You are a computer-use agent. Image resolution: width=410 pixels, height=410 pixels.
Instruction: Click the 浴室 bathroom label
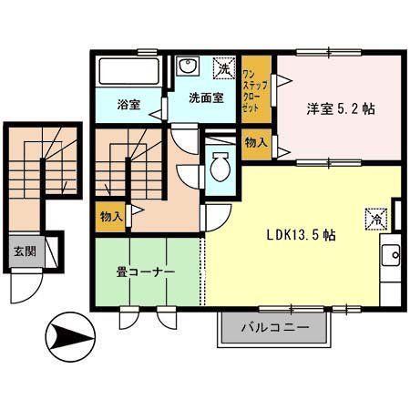click(x=128, y=104)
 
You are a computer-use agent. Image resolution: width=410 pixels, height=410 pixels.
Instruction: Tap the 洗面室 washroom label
click(x=206, y=98)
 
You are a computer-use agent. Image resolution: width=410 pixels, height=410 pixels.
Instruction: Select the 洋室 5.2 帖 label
click(x=341, y=108)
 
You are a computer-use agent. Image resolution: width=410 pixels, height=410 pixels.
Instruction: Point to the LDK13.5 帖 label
click(x=302, y=234)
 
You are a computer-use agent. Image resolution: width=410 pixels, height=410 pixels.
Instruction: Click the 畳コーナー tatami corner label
click(x=143, y=272)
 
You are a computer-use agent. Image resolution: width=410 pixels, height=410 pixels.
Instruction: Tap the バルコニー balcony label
click(x=274, y=327)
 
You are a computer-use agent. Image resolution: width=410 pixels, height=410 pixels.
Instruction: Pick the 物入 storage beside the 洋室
click(x=255, y=142)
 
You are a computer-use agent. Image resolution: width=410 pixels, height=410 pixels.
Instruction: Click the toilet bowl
click(x=219, y=168)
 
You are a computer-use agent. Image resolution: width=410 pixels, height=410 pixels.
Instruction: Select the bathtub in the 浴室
click(x=128, y=72)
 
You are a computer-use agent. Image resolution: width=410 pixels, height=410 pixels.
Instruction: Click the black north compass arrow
click(x=68, y=336)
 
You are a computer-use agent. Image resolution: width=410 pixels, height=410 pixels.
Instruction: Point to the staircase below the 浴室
click(x=128, y=164)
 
